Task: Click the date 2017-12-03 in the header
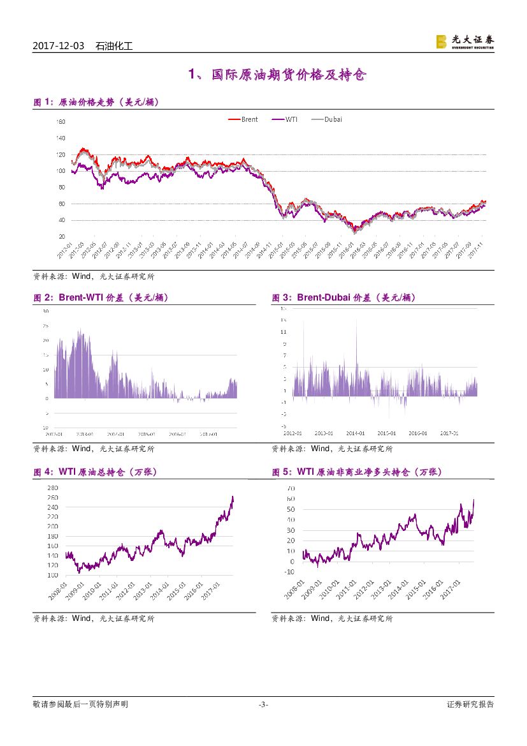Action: point(58,46)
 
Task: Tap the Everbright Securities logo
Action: point(465,41)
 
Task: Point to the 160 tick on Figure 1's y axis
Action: point(61,121)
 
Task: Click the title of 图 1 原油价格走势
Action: point(96,102)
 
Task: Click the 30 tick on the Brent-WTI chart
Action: point(45,311)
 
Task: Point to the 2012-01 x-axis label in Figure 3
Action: point(285,433)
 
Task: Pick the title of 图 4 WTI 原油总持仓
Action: point(95,472)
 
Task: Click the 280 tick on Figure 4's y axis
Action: point(53,488)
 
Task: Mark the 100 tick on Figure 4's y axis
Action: point(53,575)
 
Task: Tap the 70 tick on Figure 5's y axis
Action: point(291,488)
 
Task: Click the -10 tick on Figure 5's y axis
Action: point(289,572)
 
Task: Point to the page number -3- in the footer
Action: point(263,705)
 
